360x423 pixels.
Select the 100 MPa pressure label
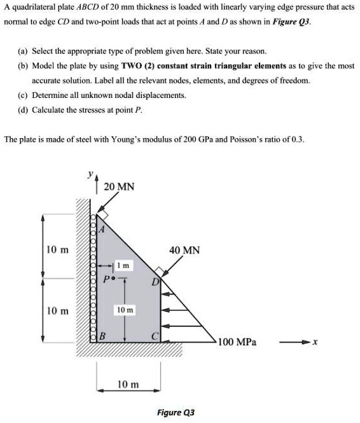[237, 342]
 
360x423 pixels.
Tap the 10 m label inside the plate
[125, 310]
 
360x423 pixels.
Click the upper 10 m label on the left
[57, 249]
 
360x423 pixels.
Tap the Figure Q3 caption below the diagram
[176, 412]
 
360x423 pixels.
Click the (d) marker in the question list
[25, 109]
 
